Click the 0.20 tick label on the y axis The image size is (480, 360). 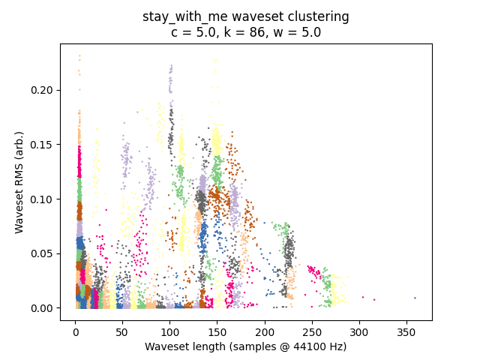tap(42, 90)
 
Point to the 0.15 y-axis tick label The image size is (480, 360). tap(42, 145)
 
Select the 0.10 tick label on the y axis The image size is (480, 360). tap(42, 199)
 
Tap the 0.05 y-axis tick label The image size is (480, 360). tap(42, 253)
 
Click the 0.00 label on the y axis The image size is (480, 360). tap(42, 308)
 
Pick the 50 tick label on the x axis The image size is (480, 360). tap(122, 332)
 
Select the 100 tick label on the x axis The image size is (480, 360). tap(170, 332)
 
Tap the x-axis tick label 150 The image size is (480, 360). tap(217, 332)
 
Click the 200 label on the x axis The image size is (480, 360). tap(265, 332)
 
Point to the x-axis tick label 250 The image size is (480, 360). tap(312, 332)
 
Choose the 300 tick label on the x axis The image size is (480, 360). tap(359, 332)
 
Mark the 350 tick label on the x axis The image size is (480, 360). tap(406, 332)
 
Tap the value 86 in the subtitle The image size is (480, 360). tap(256, 32)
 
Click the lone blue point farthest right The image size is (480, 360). tap(415, 298)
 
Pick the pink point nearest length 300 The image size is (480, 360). tap(363, 297)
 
